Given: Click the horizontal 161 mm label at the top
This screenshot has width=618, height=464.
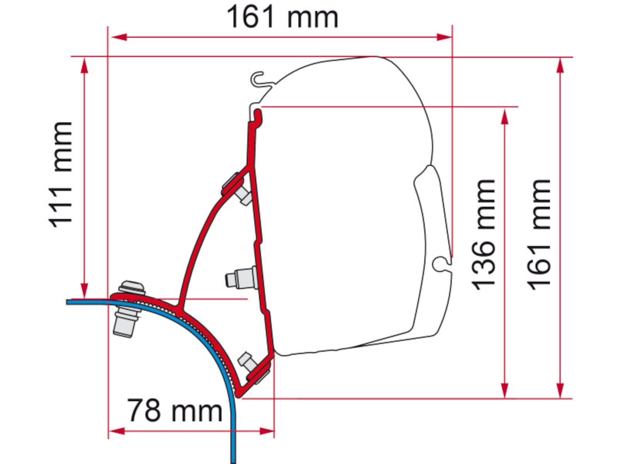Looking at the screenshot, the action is coord(282,18).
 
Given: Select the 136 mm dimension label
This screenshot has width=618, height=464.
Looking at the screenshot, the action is coord(483,235).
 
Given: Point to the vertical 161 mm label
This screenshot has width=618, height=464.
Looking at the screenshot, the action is coord(539,235).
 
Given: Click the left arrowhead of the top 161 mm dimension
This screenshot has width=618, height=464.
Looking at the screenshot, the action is coord(119,37).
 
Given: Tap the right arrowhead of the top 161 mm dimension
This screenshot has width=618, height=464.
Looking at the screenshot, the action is coord(444,37).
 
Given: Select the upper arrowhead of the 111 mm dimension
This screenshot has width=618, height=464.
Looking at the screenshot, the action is coord(85,65).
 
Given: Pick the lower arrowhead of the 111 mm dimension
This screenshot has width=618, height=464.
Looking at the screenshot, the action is coord(85,290).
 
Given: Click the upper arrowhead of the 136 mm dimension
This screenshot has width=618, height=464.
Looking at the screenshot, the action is coord(505,117).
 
